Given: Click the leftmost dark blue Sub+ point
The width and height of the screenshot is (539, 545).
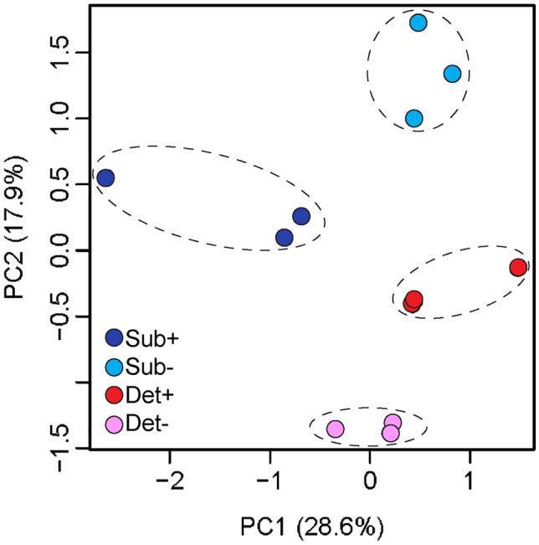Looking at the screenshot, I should pyautogui.click(x=105, y=178).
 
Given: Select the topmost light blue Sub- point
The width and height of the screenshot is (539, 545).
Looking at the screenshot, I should pyautogui.click(x=418, y=23).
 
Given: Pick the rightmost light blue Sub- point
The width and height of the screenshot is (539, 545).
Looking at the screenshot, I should pyautogui.click(x=452, y=74).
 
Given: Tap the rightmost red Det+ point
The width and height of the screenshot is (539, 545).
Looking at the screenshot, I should pyautogui.click(x=518, y=267).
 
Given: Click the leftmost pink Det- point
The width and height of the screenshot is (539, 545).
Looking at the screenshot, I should pyautogui.click(x=335, y=429).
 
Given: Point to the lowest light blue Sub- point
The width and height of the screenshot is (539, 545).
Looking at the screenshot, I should pyautogui.click(x=413, y=119).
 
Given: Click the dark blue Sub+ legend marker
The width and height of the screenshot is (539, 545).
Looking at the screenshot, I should pyautogui.click(x=115, y=338).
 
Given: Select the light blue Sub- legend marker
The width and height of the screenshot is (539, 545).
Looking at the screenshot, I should pyautogui.click(x=115, y=366).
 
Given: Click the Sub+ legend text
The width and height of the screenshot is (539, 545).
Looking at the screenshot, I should pyautogui.click(x=150, y=338).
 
